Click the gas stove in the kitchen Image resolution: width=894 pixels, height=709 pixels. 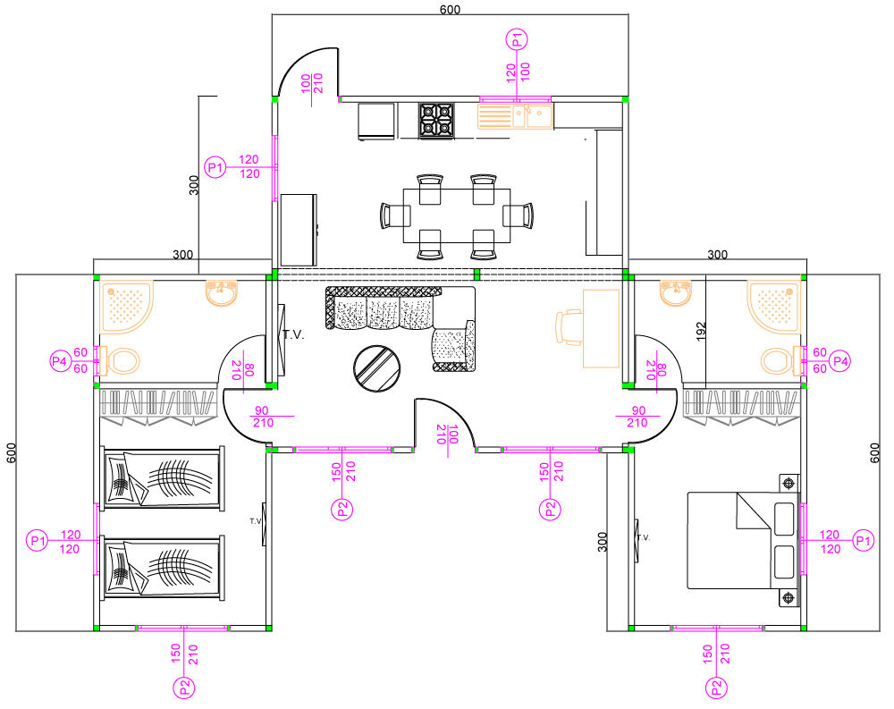click(437, 120)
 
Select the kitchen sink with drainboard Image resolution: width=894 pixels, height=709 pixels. click(515, 116)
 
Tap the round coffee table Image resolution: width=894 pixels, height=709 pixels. click(376, 368)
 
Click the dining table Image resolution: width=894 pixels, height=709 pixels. click(457, 215)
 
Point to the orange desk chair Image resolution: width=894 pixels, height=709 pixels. click(569, 327)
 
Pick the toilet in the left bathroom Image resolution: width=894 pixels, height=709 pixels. click(121, 361)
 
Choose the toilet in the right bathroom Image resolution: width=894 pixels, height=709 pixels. click(780, 361)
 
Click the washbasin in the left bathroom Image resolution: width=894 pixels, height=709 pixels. click(221, 293)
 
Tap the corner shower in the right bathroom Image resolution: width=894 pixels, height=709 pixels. click(773, 306)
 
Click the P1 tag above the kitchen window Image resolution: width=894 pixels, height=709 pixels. click(517, 40)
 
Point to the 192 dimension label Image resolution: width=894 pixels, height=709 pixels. click(701, 332)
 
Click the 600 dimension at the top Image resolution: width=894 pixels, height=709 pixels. click(450, 10)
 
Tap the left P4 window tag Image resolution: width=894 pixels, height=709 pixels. click(60, 361)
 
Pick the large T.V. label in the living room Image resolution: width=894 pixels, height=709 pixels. click(293, 334)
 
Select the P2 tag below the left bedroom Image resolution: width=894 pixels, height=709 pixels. click(183, 688)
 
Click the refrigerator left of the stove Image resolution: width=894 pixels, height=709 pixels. click(376, 121)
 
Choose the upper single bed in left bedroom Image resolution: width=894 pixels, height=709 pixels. click(163, 478)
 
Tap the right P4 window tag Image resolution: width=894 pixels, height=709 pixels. click(839, 361)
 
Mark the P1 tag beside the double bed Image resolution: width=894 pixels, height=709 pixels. click(863, 540)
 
